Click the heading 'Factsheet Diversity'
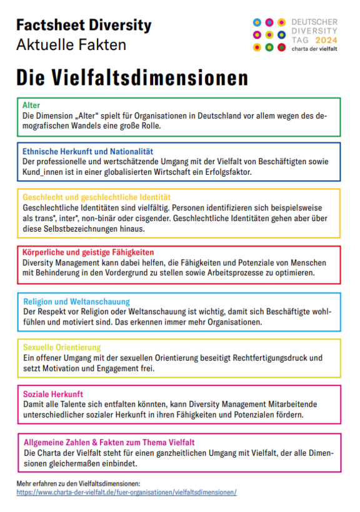click(84, 26)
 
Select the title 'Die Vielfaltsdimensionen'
click(132, 78)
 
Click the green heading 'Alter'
click(31, 106)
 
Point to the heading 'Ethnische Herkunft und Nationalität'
click(87, 151)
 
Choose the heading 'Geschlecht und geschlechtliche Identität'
click(96, 197)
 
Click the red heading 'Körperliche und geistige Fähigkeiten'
click(88, 252)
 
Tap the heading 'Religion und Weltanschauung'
click(76, 301)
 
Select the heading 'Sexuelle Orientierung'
click(61, 347)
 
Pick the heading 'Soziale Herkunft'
click(52, 394)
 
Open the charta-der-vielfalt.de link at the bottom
click(127, 493)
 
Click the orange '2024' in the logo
click(326, 40)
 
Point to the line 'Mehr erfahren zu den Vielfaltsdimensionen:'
click(78, 483)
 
